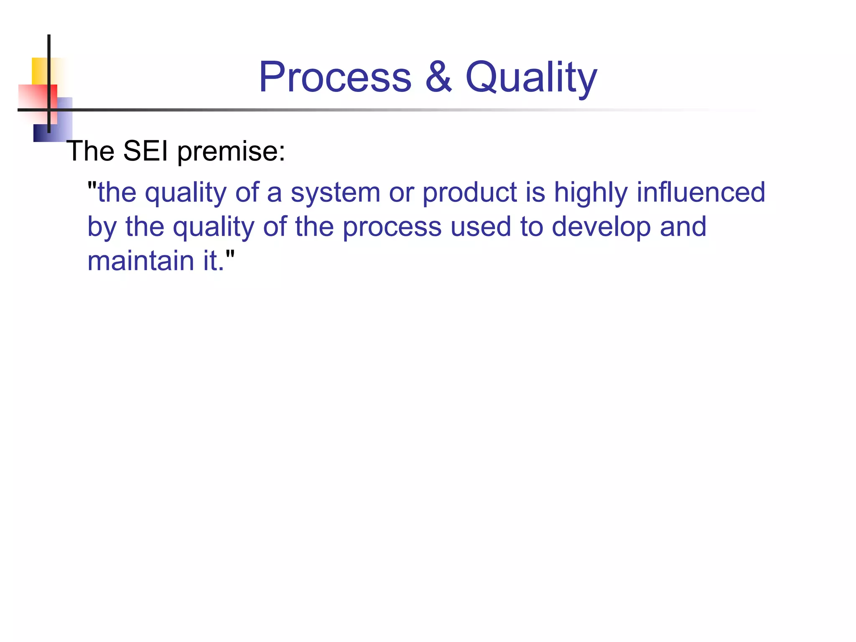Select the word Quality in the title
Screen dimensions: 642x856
(x=531, y=78)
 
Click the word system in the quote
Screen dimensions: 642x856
(x=336, y=194)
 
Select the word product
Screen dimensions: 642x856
(x=469, y=194)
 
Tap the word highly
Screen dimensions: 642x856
(x=591, y=194)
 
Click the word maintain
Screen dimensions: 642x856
(x=141, y=261)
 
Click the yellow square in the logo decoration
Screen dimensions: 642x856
(x=39, y=70)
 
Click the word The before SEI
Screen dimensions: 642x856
(x=90, y=151)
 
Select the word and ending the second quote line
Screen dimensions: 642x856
(x=683, y=227)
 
